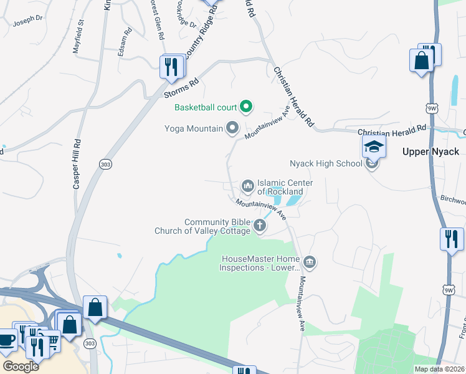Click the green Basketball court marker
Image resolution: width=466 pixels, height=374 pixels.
point(245,107)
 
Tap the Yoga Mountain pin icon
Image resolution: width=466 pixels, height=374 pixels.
point(233,128)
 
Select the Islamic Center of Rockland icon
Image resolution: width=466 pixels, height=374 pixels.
point(247,186)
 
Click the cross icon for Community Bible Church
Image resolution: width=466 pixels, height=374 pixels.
point(259,227)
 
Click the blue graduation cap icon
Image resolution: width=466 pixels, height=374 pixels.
point(374,147)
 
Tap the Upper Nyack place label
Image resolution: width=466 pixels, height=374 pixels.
point(430,151)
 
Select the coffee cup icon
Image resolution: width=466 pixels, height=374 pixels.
point(7,340)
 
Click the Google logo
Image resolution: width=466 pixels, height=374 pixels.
point(21,366)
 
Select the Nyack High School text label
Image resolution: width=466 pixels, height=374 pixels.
point(325,164)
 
